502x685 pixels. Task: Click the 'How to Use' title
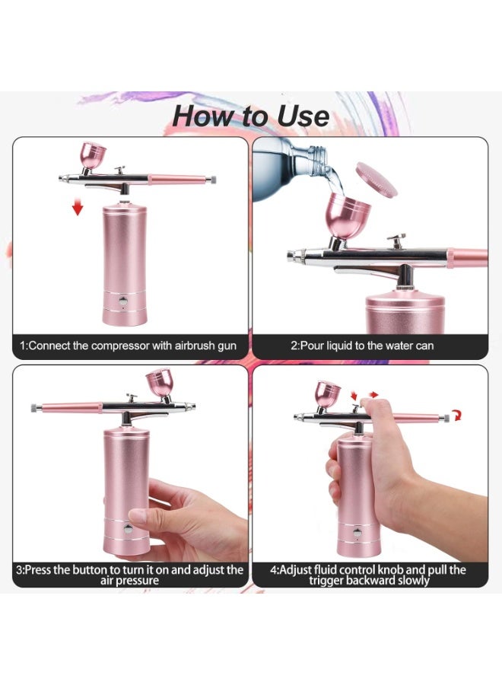click(x=250, y=116)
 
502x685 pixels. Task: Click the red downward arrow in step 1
click(x=77, y=206)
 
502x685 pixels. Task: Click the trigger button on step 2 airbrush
click(x=394, y=239)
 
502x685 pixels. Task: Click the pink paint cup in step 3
click(x=163, y=384)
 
